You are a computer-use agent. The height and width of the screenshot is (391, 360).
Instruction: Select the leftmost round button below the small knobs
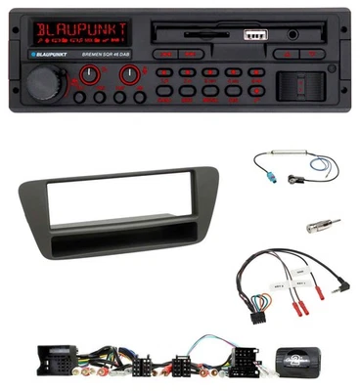point(78,97)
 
